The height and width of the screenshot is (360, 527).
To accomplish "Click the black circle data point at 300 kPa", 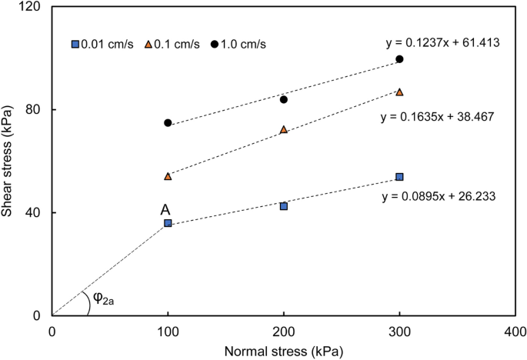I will (399, 59).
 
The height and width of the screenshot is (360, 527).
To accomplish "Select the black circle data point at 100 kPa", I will (168, 123).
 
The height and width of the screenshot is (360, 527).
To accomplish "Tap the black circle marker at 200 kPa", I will (284, 99).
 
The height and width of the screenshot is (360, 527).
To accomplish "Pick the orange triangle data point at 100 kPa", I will (168, 176).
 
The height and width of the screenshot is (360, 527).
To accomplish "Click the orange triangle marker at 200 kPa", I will (284, 129).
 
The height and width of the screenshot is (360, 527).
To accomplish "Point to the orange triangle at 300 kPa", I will (399, 92).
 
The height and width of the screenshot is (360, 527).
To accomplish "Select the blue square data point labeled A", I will (168, 223).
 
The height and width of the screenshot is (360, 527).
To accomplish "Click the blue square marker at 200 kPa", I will (284, 206).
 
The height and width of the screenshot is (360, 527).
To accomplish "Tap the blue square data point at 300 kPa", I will (399, 177).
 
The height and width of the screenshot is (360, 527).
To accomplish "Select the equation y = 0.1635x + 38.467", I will (437, 118).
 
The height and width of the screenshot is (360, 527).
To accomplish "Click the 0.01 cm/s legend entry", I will (102, 44).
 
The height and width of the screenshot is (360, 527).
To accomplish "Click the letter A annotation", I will (165, 209).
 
